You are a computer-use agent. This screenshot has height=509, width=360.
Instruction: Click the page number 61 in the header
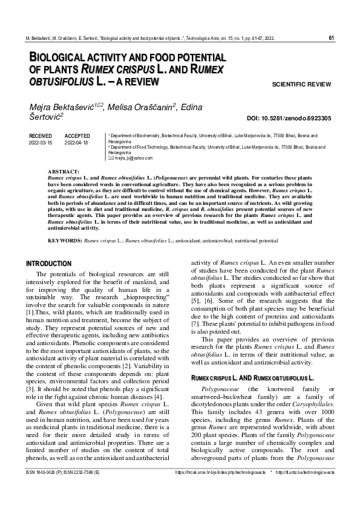[331, 38]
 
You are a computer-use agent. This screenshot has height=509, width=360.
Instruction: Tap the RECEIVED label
[41, 136]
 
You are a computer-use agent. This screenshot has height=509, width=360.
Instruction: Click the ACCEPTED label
[77, 136]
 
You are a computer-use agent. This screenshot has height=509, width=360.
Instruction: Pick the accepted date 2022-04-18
[76, 143]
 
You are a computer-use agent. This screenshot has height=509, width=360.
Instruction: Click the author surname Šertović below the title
[46, 119]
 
